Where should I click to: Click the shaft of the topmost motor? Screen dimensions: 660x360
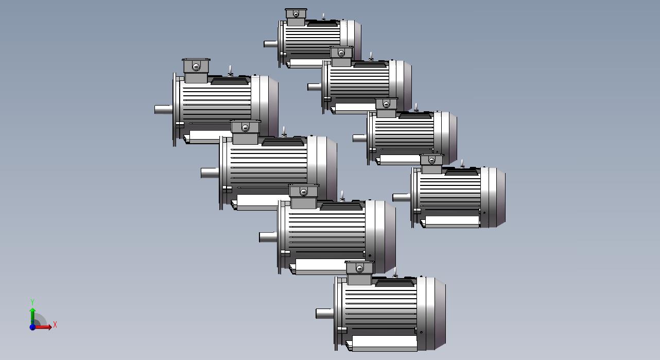pos(270,44)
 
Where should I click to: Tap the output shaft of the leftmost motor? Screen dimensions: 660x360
pos(164,109)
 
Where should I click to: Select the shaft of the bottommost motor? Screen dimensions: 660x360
pos(324,314)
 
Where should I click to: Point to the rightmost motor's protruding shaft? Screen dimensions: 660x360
pos(402,198)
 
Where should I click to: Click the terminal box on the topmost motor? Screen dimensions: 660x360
pos(296,18)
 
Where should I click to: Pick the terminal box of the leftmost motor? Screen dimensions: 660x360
pos(196,71)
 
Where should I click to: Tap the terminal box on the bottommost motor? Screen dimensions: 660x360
pos(359,272)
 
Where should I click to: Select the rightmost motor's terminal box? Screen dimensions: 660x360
pos(431,164)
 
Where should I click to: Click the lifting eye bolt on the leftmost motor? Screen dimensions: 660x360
pos(230,71)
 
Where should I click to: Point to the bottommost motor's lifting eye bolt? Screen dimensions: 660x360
pos(395,272)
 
